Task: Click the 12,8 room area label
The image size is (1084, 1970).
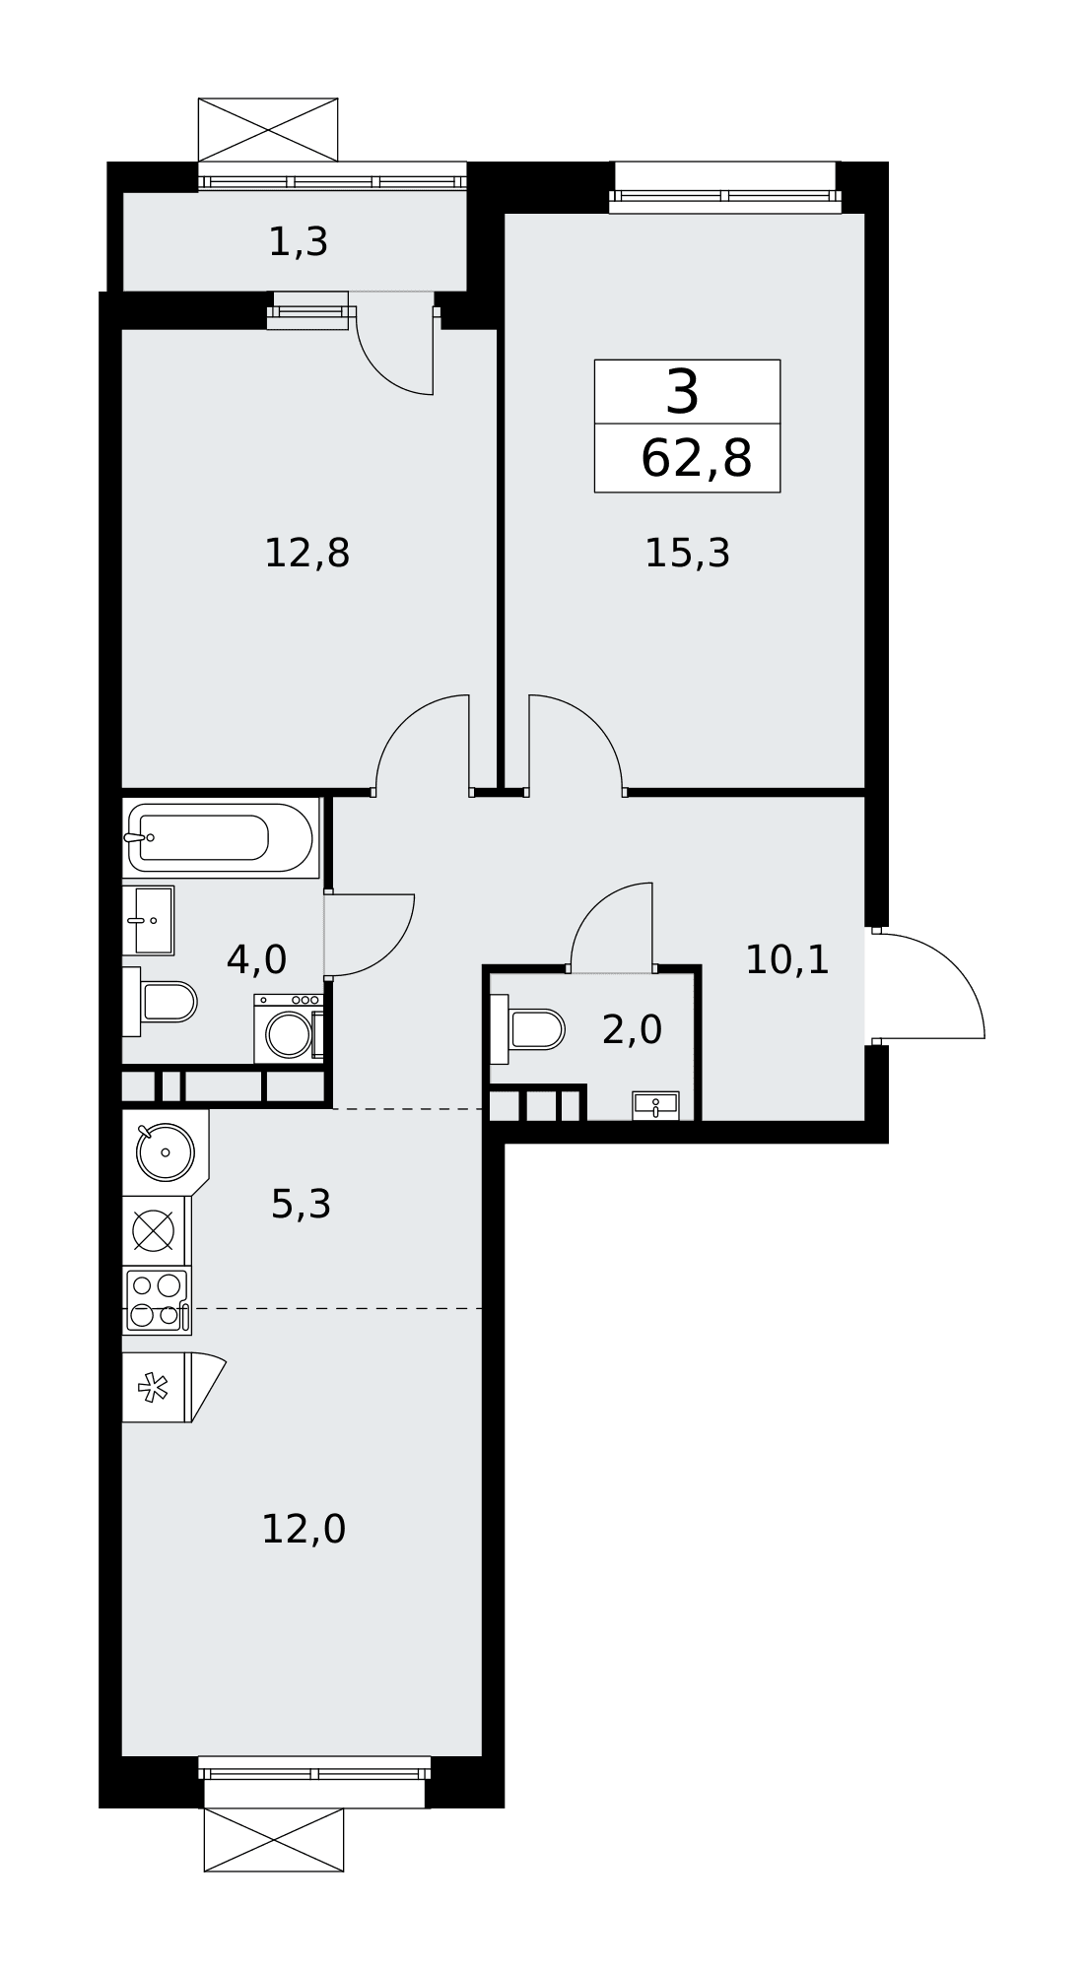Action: click(306, 554)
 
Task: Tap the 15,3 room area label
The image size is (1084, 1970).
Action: click(687, 554)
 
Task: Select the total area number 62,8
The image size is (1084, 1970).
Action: click(696, 459)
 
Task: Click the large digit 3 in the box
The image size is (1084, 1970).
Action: click(682, 392)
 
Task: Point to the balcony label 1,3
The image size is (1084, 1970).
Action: click(298, 242)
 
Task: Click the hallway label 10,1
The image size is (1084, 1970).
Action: click(786, 959)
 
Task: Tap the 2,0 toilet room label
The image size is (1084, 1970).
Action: click(632, 1030)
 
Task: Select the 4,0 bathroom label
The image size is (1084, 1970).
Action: click(256, 959)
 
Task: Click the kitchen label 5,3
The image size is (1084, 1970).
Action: click(301, 1204)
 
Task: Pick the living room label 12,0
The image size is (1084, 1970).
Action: click(304, 1530)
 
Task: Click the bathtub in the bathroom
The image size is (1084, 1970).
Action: click(221, 838)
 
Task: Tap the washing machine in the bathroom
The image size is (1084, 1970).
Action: click(289, 1028)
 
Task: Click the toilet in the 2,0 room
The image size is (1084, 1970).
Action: click(527, 1029)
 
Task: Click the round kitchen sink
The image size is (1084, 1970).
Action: click(165, 1151)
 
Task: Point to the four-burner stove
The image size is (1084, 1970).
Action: click(157, 1300)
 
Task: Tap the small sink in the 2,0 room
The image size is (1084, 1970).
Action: click(655, 1105)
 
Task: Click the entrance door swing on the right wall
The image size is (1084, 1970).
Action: click(927, 985)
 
